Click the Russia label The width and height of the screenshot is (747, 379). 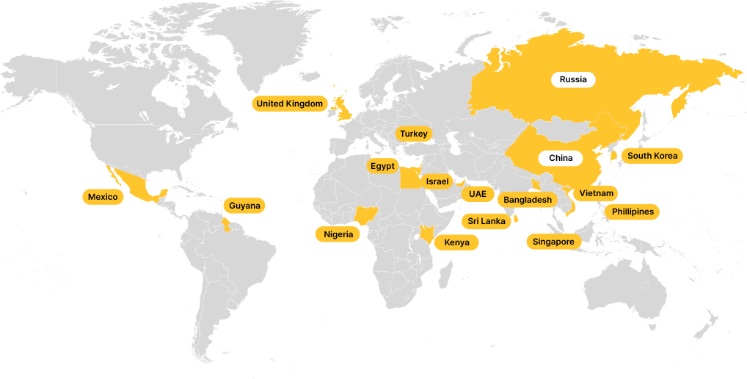pyautogui.click(x=573, y=79)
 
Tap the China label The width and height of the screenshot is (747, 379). pyautogui.click(x=561, y=158)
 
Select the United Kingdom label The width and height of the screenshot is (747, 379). pyautogui.click(x=290, y=104)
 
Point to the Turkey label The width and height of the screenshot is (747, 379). pyautogui.click(x=414, y=134)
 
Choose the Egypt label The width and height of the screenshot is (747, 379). pyautogui.click(x=382, y=166)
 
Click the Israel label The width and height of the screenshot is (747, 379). pyautogui.click(x=437, y=181)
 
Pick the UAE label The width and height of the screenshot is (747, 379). pyautogui.click(x=478, y=194)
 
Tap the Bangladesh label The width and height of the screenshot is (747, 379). pyautogui.click(x=528, y=200)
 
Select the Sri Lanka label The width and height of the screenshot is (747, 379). pyautogui.click(x=487, y=220)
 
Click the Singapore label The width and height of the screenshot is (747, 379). pyautogui.click(x=553, y=241)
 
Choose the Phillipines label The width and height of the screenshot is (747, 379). pyautogui.click(x=633, y=212)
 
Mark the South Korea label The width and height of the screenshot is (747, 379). pyautogui.click(x=652, y=156)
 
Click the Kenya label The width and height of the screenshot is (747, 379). pyautogui.click(x=456, y=242)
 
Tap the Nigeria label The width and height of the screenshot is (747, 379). pyautogui.click(x=338, y=234)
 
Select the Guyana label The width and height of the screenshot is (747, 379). pyautogui.click(x=244, y=206)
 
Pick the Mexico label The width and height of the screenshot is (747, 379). pyautogui.click(x=103, y=197)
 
